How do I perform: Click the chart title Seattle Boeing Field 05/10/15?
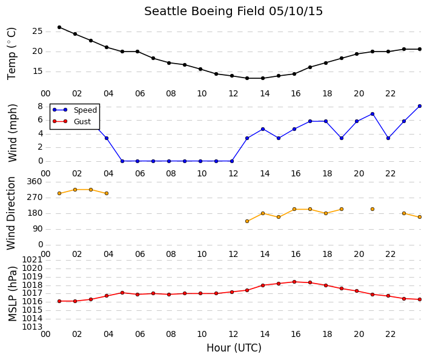(233, 12)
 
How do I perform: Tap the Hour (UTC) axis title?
(234, 348)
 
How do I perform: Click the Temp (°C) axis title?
(12, 54)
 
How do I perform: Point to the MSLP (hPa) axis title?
(12, 294)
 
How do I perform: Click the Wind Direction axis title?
(11, 213)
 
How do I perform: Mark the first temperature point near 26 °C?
(59, 27)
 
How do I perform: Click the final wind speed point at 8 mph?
(420, 106)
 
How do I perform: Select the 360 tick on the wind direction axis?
(35, 182)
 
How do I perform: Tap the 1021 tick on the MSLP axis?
(32, 260)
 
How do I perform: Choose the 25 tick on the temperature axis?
(38, 32)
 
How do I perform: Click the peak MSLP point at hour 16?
(294, 282)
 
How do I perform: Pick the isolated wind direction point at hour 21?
(372, 209)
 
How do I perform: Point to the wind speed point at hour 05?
(122, 161)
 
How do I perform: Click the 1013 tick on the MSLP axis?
(32, 327)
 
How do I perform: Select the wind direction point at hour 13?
(247, 221)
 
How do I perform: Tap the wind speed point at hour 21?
(372, 114)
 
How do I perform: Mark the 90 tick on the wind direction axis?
(38, 229)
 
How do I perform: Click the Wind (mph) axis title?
(13, 133)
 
